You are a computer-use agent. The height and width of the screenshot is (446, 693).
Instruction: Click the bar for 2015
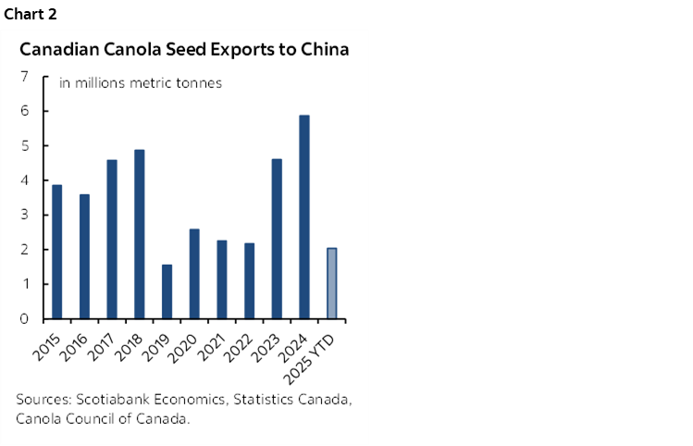tap(56, 252)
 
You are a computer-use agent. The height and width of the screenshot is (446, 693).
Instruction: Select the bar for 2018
tap(139, 234)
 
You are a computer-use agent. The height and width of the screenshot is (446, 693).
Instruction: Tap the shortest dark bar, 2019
tap(167, 291)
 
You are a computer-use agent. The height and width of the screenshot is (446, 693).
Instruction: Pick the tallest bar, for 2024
tap(303, 217)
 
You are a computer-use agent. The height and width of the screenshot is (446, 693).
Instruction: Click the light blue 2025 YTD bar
tap(331, 283)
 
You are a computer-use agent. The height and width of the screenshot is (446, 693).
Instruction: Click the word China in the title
tap(325, 49)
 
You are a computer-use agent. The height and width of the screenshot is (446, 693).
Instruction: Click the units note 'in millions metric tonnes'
tap(141, 83)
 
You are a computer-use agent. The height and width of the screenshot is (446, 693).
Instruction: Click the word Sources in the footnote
tap(41, 400)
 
